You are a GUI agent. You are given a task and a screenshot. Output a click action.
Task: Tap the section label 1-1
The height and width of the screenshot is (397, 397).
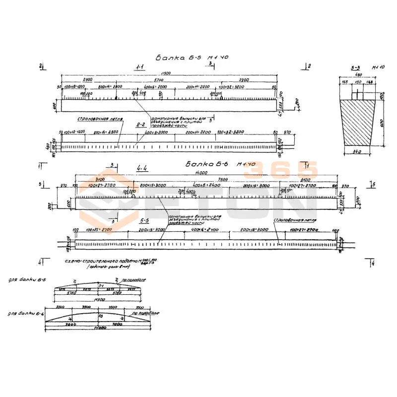140,66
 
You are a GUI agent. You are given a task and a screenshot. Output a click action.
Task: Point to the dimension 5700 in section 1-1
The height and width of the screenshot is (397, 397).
158,79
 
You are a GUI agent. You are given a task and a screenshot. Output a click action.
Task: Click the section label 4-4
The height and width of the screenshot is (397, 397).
142,168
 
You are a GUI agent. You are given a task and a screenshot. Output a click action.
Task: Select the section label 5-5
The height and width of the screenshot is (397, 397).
146,219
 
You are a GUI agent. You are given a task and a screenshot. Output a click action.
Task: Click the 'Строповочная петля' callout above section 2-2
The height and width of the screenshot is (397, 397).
99,119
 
